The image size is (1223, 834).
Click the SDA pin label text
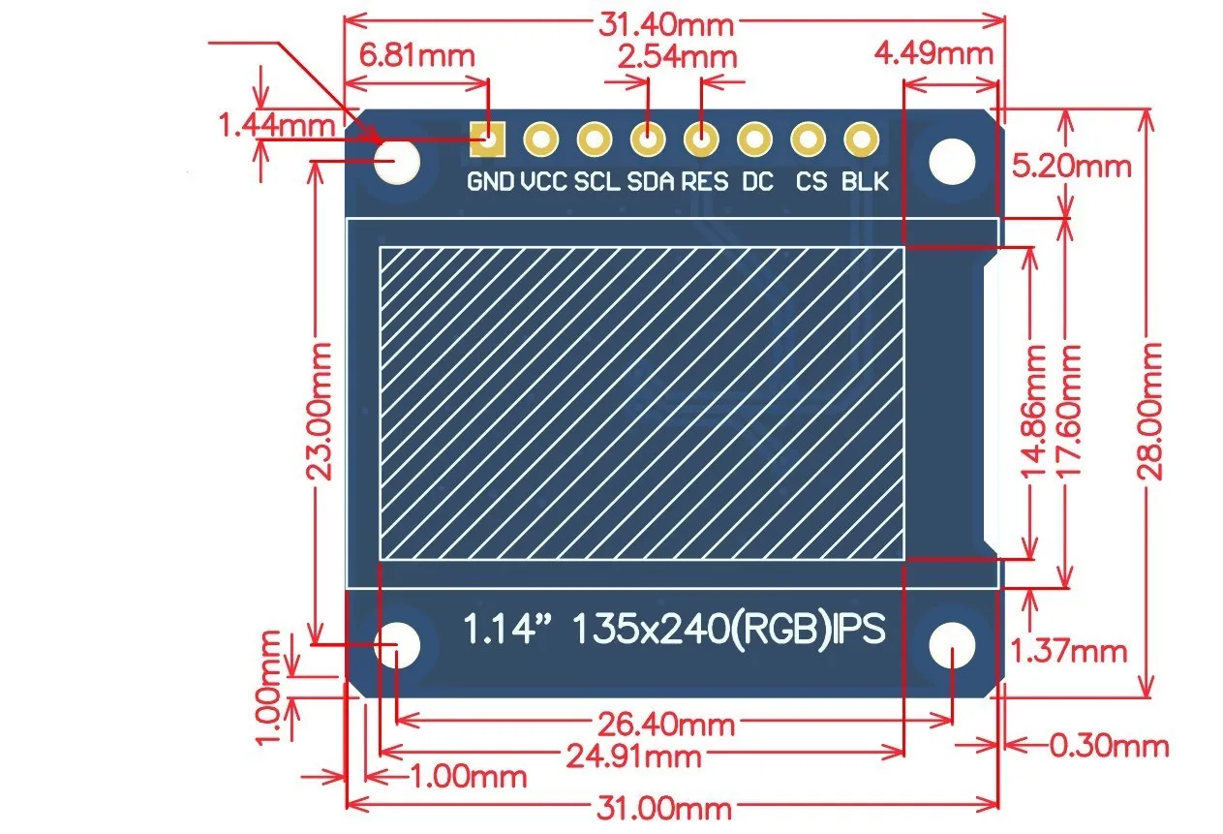point(650,181)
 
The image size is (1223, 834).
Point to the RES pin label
point(704,181)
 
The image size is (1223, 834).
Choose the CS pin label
point(811,181)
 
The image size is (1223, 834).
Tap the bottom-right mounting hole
point(952,644)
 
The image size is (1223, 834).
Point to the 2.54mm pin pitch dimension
point(677,55)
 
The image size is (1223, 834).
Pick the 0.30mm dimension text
point(1110,746)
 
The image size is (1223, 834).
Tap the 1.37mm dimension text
point(1069,651)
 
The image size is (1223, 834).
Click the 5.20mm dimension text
point(1070,166)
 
